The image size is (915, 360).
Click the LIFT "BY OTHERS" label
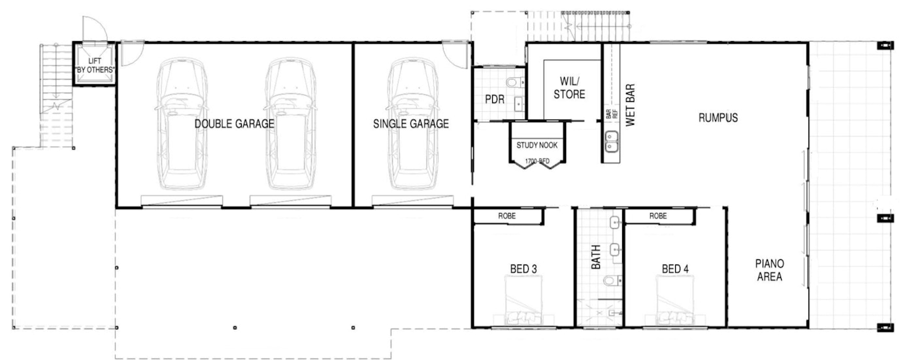pos(94,66)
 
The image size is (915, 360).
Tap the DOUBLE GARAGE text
pos(234,123)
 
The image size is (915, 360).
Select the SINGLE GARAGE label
pos(411,123)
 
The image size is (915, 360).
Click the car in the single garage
pos(412,123)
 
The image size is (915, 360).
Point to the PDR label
pos(495,99)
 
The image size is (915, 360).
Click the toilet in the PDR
pos(515,82)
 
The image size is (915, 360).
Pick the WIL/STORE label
pos(569,88)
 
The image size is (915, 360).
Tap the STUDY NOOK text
pos(537,145)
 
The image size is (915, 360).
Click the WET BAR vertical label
pos(630,105)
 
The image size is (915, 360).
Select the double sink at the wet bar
pos(612,141)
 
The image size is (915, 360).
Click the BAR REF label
pos(612,114)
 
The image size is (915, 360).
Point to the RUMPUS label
pos(718,118)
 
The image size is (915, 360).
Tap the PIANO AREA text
pos(770,270)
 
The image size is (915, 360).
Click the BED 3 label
pos(524,269)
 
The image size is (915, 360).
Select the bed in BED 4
pos(674,301)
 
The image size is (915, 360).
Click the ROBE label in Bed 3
pos(507,216)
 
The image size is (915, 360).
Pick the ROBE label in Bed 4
pos(657,216)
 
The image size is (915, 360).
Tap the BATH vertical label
pos(596,257)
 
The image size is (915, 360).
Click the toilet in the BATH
pos(612,281)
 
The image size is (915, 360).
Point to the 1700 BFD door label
pos(537,161)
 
